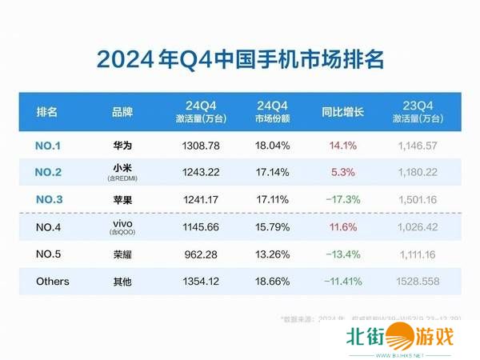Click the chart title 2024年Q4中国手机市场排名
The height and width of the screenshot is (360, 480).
tap(239, 60)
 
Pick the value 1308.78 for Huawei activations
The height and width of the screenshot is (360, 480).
tap(200, 147)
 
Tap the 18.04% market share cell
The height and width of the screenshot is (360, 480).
tap(273, 147)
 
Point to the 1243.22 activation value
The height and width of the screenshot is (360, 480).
tap(200, 172)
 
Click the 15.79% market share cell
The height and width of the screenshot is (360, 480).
tap(273, 228)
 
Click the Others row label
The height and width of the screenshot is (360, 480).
tap(53, 282)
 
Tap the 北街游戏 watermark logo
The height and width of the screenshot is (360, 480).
tap(400, 339)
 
